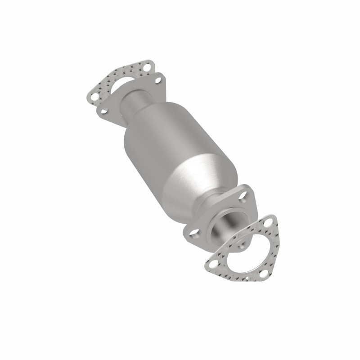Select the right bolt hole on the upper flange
click(x=158, y=81)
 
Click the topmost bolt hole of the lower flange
click(x=243, y=194)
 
